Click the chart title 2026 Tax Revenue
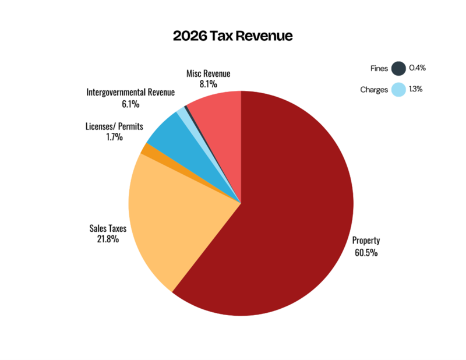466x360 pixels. coord(232,36)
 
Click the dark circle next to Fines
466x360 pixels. coord(398,68)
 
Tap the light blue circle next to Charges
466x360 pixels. coord(398,90)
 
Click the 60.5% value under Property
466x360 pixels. coord(366,253)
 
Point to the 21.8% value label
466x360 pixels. coord(109,239)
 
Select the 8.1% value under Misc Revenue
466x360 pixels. coord(208,84)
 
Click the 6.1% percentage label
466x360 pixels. coord(130,104)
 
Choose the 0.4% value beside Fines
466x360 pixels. coord(418,68)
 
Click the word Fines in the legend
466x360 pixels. coord(379,68)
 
